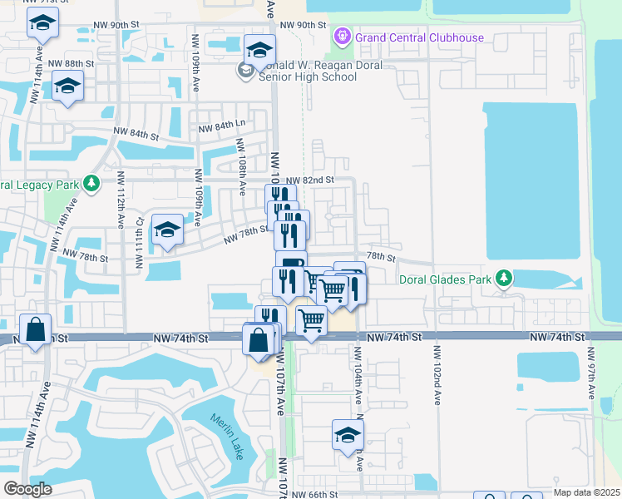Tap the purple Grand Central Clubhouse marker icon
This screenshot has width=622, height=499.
click(x=341, y=37)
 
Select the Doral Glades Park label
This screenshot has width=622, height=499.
click(x=445, y=279)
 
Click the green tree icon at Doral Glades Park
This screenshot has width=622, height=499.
click(x=503, y=278)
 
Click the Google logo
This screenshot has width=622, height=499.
click(x=27, y=489)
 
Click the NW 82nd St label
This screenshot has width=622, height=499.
click(x=309, y=180)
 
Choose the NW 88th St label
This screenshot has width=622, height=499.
click(x=72, y=64)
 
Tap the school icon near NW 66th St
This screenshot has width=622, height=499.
click(x=348, y=434)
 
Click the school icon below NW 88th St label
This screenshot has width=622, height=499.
click(x=67, y=86)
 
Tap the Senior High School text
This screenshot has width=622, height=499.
click(x=309, y=77)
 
